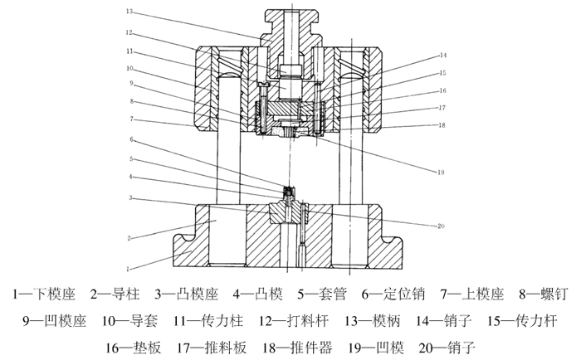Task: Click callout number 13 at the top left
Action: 129,12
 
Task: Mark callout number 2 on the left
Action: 129,238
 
